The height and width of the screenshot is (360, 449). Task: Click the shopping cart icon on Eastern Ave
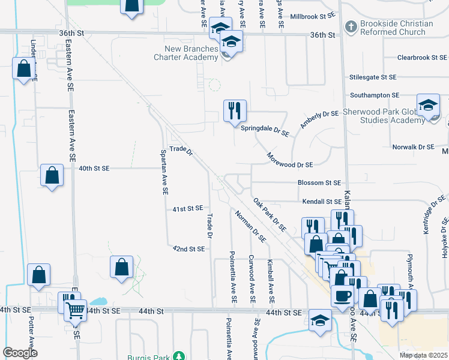coord(75,310)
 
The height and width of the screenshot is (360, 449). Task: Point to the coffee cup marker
coord(343,296)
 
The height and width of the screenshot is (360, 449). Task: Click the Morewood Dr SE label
coord(290,164)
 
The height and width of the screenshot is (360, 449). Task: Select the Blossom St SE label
coord(319,182)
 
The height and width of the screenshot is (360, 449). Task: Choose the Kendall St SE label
coord(322,202)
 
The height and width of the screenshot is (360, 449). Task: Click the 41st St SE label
coord(188,209)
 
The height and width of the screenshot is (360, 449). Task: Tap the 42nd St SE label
coord(188,248)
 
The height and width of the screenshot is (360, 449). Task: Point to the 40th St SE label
coord(94,169)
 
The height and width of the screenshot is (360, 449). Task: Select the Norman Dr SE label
coord(250,226)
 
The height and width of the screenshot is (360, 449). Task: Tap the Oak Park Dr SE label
coord(270,216)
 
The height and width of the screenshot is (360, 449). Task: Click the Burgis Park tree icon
coord(178,356)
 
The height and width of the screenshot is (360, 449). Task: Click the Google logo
coord(20,353)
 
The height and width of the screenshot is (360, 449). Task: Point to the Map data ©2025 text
coord(424,355)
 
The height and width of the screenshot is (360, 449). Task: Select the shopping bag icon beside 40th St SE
coord(52,176)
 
